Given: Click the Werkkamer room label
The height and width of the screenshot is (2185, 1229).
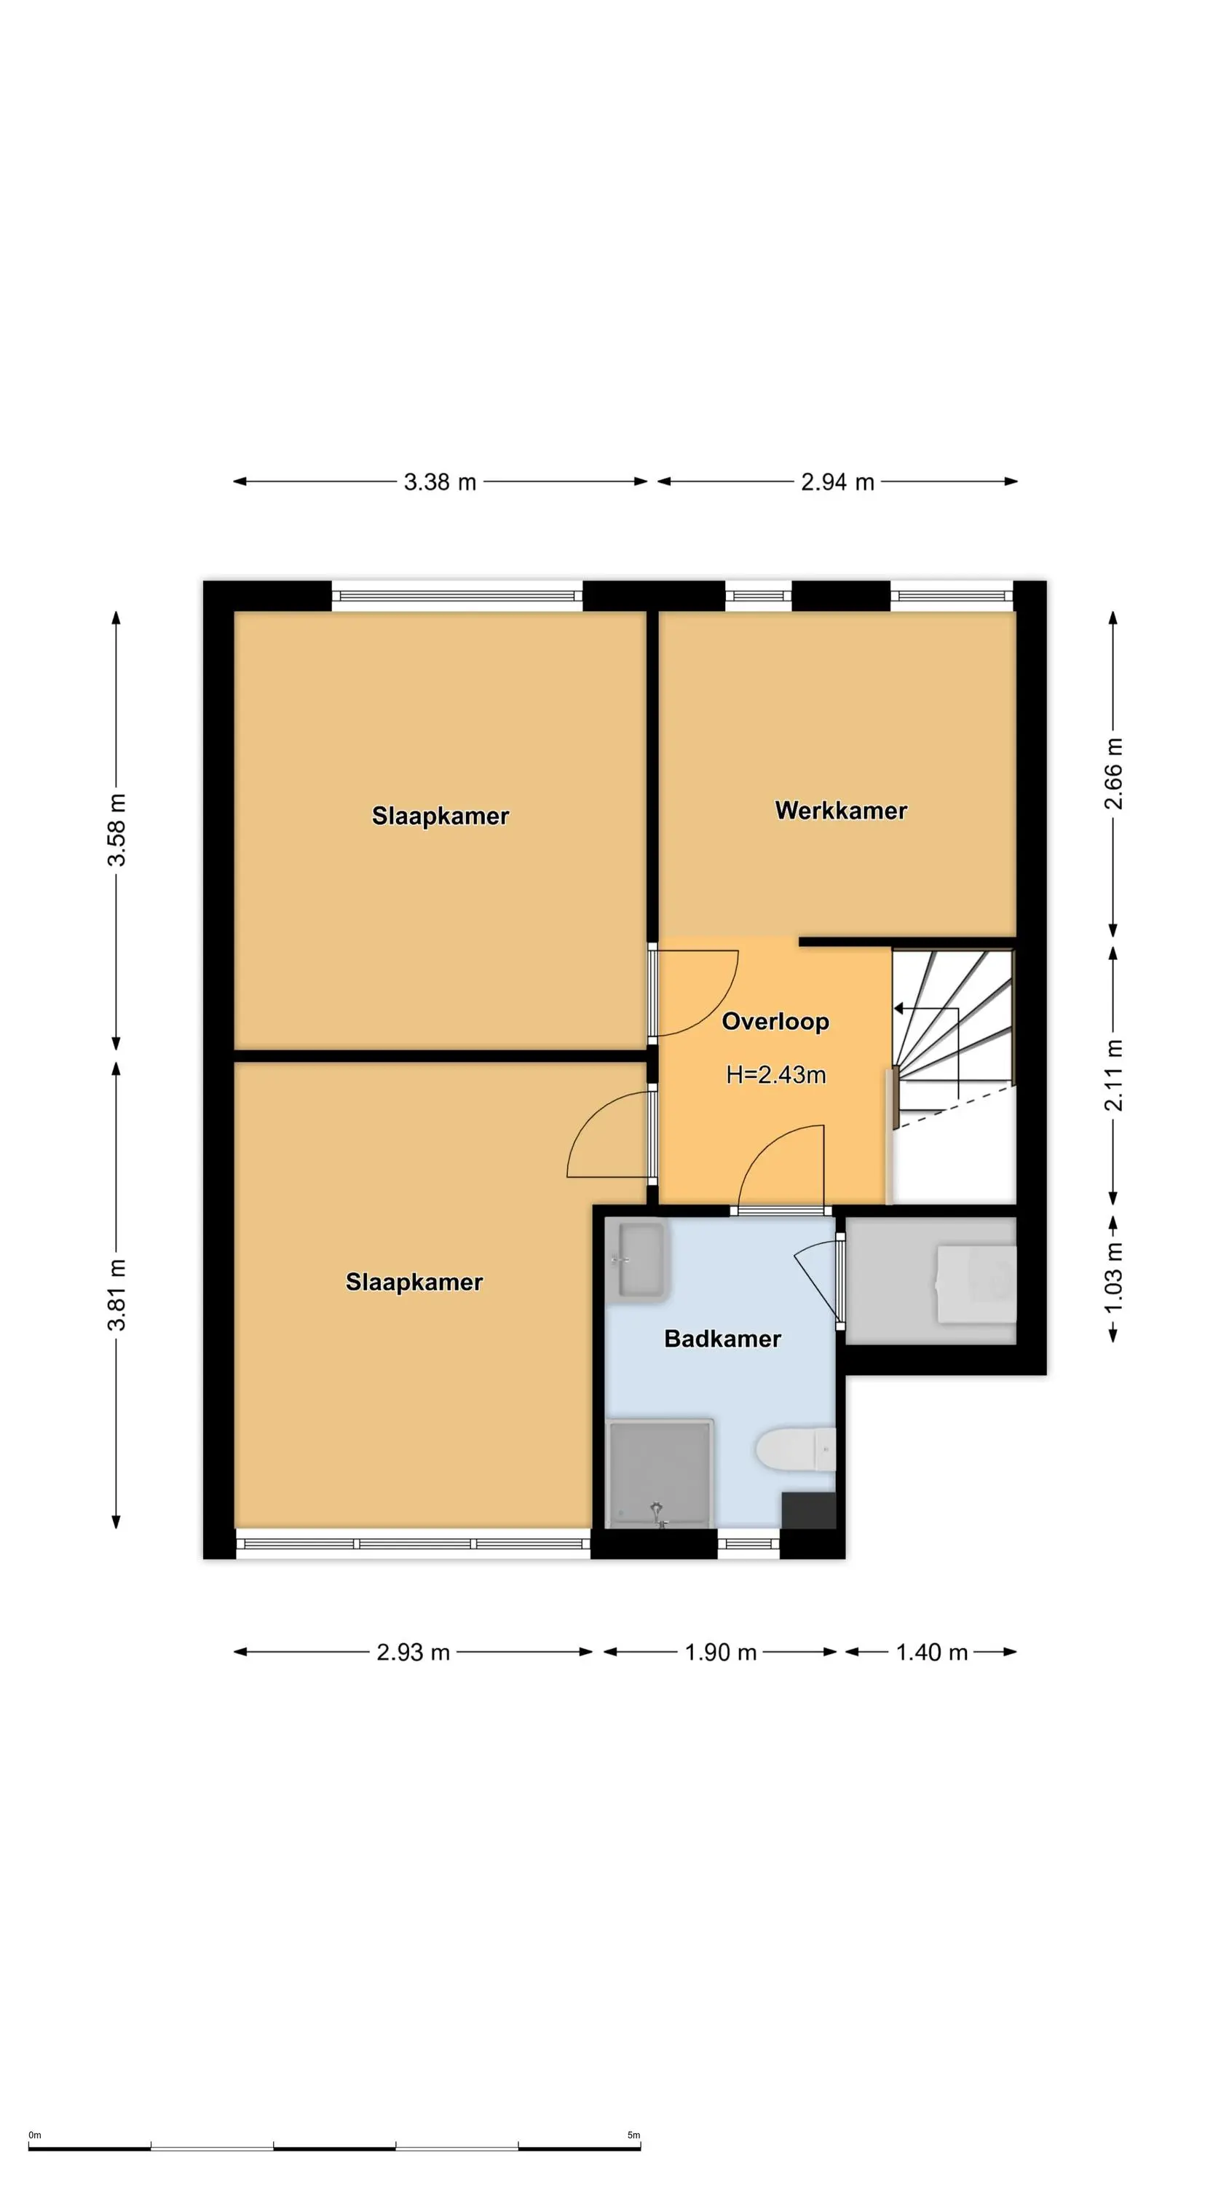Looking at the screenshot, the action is [x=840, y=810].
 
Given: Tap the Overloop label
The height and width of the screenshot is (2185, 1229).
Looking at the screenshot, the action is [x=775, y=1021].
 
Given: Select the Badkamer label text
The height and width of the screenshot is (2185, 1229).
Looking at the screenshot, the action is [x=722, y=1339].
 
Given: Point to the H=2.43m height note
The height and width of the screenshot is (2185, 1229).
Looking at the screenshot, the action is [x=775, y=1075].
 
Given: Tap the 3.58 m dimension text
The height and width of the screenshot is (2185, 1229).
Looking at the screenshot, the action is [x=116, y=830].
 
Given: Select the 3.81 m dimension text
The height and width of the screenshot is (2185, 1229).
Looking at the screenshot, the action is [x=116, y=1295].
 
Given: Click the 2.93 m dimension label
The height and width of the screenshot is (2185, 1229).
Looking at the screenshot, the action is [x=413, y=1653].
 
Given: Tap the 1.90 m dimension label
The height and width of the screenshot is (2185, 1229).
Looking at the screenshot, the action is [x=720, y=1653].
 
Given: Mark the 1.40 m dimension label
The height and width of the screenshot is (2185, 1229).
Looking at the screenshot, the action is [x=931, y=1653].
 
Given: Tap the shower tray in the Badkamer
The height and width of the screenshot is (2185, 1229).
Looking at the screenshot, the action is [x=660, y=1474].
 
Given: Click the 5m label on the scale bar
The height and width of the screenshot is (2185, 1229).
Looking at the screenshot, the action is [x=633, y=2135].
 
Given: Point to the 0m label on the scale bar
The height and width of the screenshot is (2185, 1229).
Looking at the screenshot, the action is [x=35, y=2135].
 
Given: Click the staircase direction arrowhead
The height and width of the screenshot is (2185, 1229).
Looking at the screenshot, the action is [x=898, y=1009].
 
